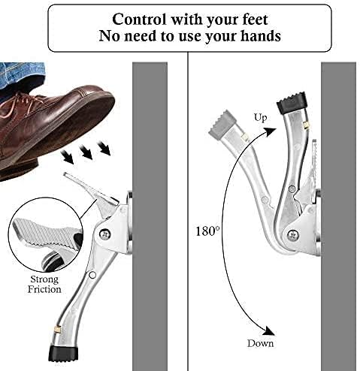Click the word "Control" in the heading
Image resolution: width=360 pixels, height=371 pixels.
(139, 20)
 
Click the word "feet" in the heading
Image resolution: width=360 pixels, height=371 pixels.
(255, 20)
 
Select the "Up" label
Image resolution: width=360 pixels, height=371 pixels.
(260, 117)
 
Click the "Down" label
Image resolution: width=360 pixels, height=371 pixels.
(260, 343)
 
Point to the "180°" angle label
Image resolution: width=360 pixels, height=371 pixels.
(207, 231)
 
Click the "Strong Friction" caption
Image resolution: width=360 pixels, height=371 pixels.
(44, 284)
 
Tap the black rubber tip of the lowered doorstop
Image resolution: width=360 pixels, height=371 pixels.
(63, 354)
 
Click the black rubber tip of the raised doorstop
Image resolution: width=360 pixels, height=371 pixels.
(292, 103)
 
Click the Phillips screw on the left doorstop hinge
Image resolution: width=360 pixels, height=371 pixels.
(105, 234)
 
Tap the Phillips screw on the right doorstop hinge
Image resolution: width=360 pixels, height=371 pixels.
(292, 234)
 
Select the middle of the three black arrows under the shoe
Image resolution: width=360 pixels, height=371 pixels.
(86, 152)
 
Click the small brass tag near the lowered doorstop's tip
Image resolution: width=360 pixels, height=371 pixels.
(58, 328)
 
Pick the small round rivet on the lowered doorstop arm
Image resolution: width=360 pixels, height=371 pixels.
(92, 275)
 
